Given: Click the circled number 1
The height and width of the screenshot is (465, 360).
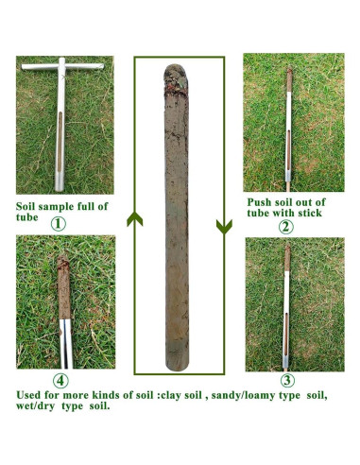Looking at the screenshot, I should click(59, 224).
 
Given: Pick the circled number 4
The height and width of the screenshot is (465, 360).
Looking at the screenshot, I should click(60, 381).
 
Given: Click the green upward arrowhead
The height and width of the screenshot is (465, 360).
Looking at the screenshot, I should click(134, 222).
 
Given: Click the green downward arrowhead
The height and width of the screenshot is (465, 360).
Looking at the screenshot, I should click(224, 226).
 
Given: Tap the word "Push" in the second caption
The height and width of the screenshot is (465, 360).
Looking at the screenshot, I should click(262, 201).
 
